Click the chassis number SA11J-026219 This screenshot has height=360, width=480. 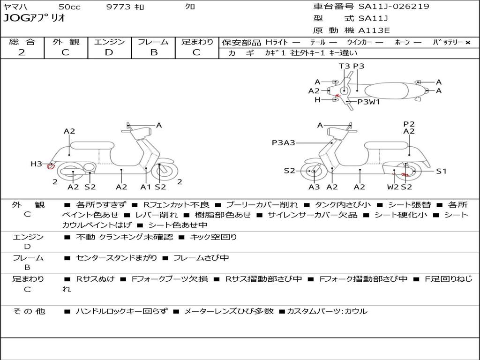click(394, 7)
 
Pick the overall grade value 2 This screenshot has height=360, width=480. click(22, 52)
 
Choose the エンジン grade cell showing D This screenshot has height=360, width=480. click(109, 52)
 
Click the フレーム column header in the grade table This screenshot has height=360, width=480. click(153, 42)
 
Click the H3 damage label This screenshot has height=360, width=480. click(37, 164)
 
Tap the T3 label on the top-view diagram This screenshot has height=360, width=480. click(344, 66)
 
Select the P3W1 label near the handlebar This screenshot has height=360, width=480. click(368, 101)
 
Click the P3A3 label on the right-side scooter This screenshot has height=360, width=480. click(283, 142)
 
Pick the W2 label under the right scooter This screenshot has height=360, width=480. click(392, 187)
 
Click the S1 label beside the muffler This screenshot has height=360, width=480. click(441, 171)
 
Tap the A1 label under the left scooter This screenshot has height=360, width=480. click(146, 187)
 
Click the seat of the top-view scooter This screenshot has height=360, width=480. click(391, 90)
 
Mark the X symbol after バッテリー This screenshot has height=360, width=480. click(467, 42)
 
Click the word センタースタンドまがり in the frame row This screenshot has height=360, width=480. click(117, 258)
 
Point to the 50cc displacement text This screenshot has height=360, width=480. click(69, 7)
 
